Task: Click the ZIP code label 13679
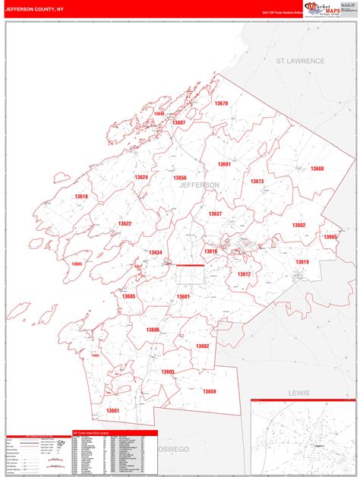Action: click(x=221, y=103)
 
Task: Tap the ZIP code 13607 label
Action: click(x=179, y=122)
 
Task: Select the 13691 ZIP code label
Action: click(x=224, y=164)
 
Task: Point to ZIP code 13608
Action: click(x=317, y=169)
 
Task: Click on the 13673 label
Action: click(x=257, y=182)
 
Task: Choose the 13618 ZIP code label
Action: click(x=81, y=197)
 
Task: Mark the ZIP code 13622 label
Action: click(x=125, y=223)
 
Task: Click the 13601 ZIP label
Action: click(x=184, y=296)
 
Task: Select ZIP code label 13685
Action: click(x=128, y=296)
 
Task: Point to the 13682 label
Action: click(x=202, y=346)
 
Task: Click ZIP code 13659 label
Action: click(x=210, y=391)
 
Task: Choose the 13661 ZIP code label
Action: click(x=113, y=411)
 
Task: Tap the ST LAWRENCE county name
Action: click(x=300, y=61)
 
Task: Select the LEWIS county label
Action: click(x=299, y=393)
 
